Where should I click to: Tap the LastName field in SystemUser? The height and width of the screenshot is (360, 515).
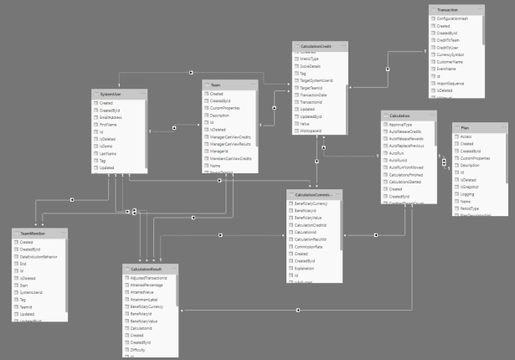coord(109,153)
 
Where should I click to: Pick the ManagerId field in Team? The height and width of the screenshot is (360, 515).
coord(219,151)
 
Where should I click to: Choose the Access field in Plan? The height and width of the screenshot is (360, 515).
coord(466,136)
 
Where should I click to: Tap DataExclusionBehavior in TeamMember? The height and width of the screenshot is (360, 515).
coord(44,255)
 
